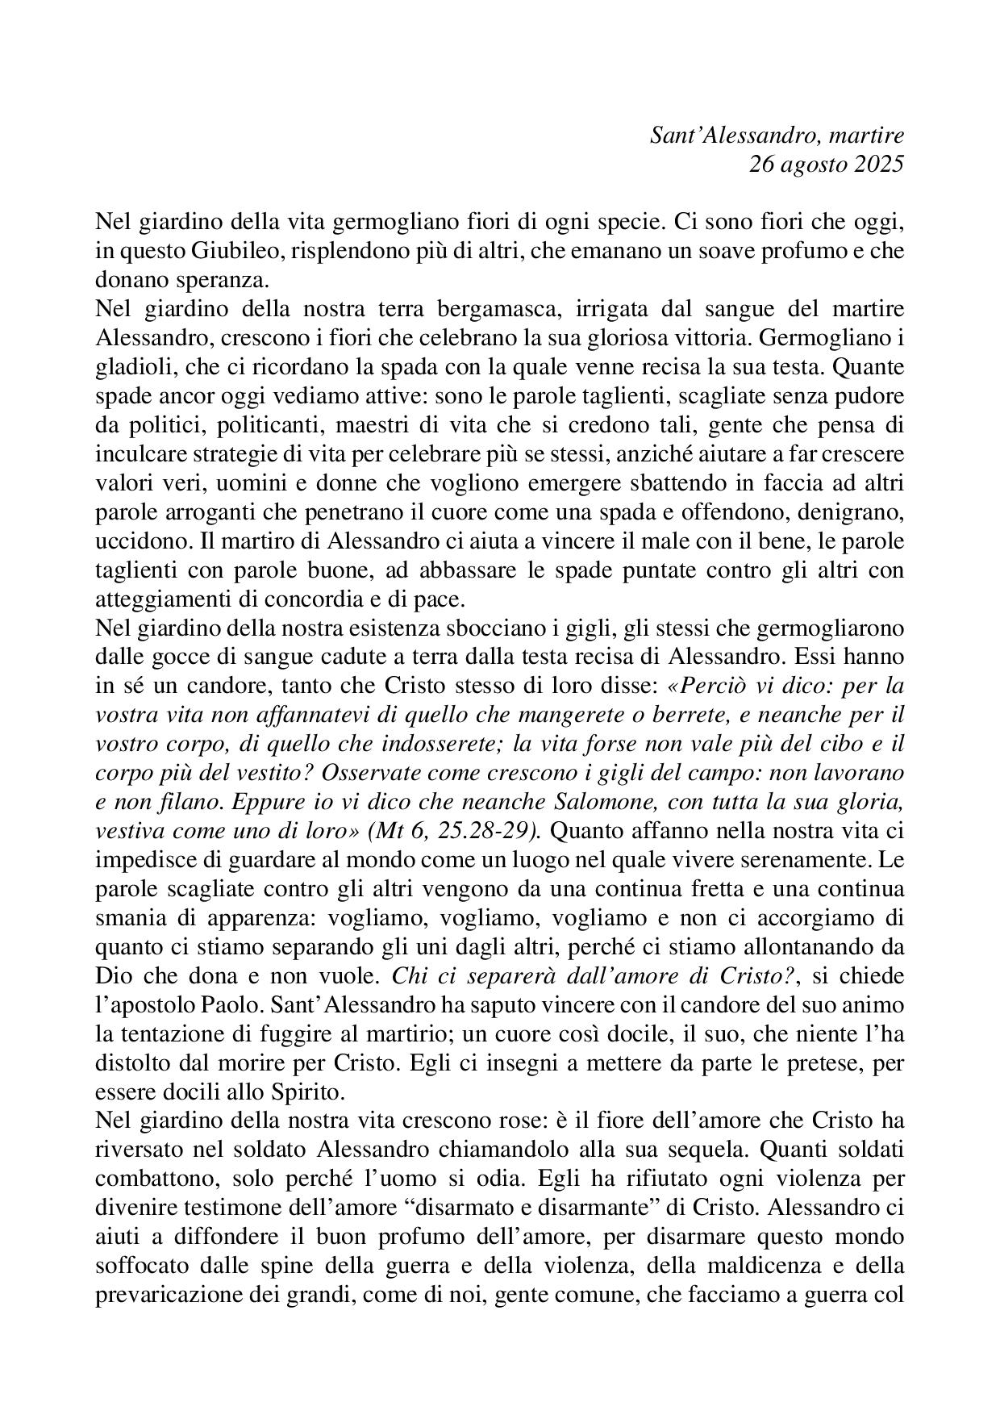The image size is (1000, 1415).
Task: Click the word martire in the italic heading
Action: pyautogui.click(x=864, y=135)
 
